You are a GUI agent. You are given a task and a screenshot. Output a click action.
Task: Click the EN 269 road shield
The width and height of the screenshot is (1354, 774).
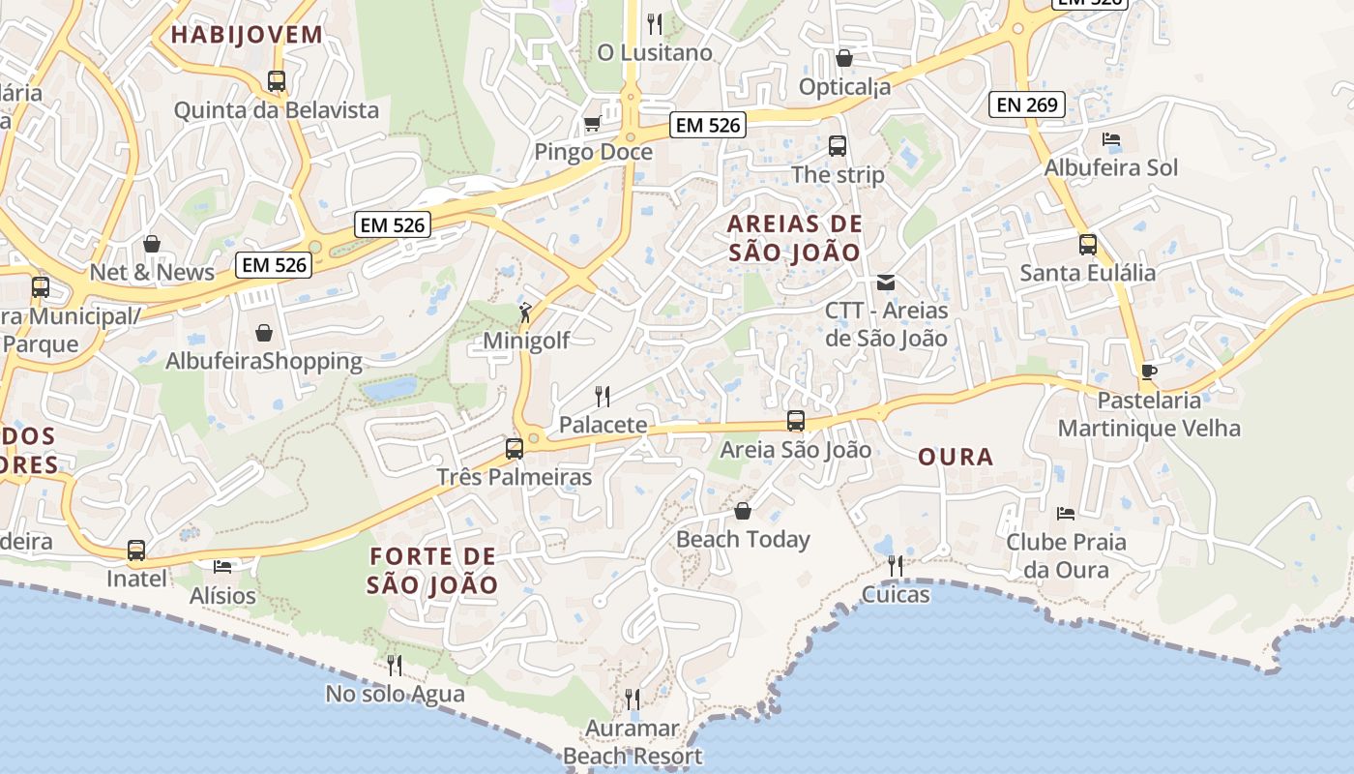1026,104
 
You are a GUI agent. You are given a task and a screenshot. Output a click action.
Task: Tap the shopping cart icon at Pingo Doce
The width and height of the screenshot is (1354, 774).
592,123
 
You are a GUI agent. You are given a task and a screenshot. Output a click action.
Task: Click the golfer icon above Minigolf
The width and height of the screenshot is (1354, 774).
525,313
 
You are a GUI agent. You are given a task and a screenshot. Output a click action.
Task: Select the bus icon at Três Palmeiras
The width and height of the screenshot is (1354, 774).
515,448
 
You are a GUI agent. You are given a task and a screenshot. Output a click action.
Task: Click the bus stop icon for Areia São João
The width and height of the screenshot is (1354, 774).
795,421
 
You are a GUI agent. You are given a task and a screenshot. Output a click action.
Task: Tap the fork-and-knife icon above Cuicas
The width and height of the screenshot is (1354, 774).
896,565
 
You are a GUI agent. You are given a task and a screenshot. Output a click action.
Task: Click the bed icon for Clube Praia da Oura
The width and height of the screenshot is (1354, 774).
1066,513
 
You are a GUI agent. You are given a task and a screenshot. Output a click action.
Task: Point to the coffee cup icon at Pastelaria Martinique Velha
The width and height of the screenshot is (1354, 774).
1148,372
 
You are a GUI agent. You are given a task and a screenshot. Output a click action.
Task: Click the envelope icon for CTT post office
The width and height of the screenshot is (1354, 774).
885,283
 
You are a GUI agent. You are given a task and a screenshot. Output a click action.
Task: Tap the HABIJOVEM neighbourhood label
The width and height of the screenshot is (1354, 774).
247,35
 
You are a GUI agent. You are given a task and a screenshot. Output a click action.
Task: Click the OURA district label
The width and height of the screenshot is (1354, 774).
956,457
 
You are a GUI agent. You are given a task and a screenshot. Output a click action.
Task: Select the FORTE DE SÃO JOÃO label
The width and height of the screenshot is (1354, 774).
433,571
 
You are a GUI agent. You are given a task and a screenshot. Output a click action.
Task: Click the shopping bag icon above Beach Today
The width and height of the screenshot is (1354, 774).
743,511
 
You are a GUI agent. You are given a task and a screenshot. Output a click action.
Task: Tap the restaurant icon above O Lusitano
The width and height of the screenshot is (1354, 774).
655,23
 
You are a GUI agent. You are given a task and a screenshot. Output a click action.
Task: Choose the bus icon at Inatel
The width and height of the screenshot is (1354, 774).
136,551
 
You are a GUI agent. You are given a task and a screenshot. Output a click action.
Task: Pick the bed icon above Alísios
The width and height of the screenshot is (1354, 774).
222,565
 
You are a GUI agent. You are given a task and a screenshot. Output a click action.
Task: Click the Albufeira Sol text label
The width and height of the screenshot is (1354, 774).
1111,167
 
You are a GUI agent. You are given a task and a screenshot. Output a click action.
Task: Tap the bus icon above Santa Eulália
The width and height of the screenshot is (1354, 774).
1088,245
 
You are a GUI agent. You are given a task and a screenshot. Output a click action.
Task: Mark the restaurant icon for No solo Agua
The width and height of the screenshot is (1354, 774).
395,665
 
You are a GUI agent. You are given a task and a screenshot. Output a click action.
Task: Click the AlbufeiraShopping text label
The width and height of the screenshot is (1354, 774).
264,362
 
